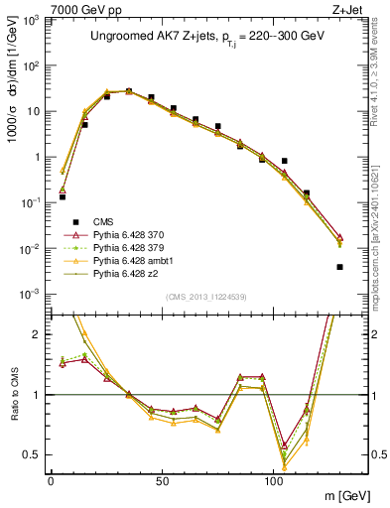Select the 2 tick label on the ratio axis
click(40, 334)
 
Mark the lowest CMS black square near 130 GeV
click(339, 267)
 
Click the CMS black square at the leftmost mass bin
click(63, 196)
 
